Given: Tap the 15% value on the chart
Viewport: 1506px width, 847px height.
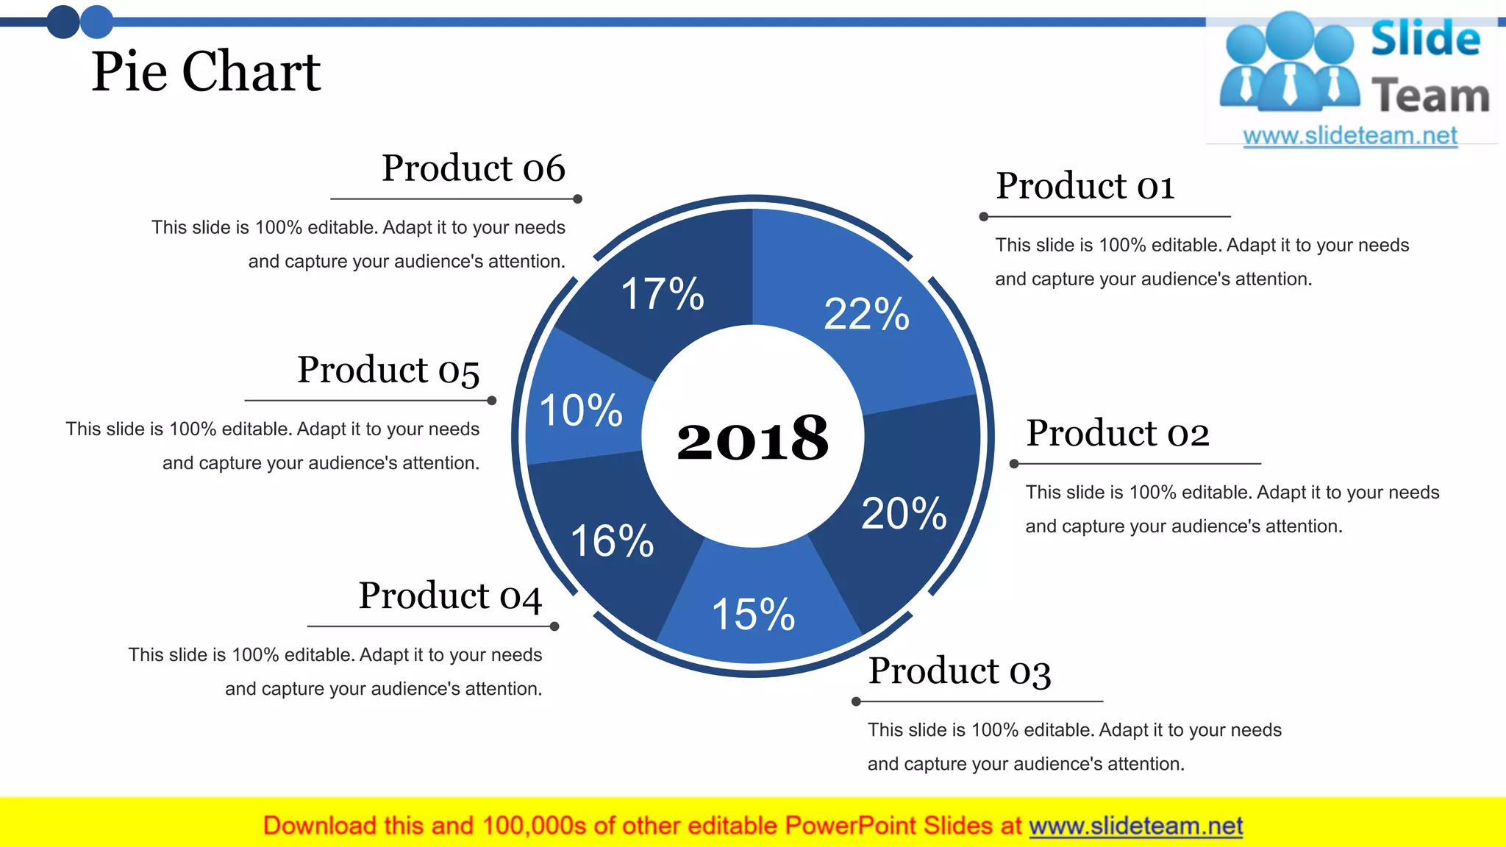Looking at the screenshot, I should point(753,614).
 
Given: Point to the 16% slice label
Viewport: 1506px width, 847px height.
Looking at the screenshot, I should point(612,541).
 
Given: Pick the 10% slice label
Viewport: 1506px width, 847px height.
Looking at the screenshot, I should point(581,410).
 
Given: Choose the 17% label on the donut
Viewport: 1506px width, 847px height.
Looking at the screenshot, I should point(662,293).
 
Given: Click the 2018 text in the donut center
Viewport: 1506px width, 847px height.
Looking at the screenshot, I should point(752,438).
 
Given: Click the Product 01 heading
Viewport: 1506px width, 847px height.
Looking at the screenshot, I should point(1085,186).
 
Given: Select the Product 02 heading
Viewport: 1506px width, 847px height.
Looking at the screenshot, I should point(1117,433).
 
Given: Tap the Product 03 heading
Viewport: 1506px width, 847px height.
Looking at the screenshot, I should point(959,671).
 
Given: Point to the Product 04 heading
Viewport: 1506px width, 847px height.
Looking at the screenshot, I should point(450,596).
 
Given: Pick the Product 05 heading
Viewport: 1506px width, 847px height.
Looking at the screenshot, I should point(388,370).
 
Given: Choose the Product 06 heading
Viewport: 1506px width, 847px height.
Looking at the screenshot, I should point(474,168).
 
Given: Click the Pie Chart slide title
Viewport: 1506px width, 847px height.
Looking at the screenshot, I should point(206,72).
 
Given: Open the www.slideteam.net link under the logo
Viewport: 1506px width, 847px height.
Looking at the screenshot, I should point(1350,136).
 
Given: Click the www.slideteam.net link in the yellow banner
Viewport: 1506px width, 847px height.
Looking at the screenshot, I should point(1135,826).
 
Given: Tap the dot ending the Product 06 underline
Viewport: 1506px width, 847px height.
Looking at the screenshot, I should point(578,199).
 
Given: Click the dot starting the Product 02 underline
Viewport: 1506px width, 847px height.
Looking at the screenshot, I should point(1014,464).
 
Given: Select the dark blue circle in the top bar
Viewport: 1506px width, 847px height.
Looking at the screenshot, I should point(63,22).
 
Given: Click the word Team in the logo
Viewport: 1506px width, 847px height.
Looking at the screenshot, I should point(1430,96).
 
